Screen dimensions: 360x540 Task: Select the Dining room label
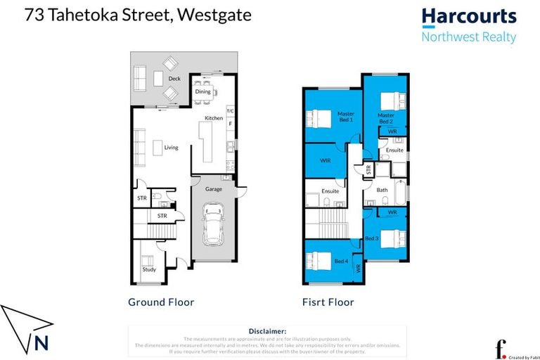pos(203,91)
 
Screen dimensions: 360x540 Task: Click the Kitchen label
pos(213,118)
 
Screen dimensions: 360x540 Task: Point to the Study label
pos(149,269)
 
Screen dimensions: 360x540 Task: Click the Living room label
pos(171,148)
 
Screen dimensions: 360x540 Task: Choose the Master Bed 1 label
pos(345,117)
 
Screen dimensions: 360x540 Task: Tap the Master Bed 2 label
pos(385,117)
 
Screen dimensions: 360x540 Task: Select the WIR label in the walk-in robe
pos(325,161)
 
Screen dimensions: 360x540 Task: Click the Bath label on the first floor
pos(382,190)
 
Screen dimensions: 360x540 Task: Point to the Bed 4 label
pos(340,262)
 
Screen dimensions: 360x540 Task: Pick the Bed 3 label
pos(371,238)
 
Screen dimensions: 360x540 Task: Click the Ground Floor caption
pos(160,302)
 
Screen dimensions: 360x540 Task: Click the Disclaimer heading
pos(267,330)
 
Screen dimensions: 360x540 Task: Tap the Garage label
pos(213,189)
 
